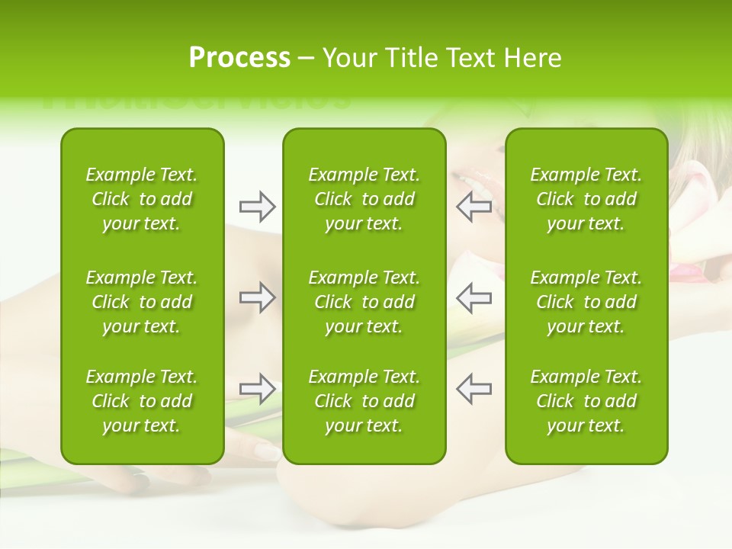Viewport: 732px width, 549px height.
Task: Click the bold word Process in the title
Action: coord(239,58)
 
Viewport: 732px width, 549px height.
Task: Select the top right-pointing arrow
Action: coord(257,206)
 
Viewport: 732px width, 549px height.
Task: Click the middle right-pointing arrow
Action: coord(257,297)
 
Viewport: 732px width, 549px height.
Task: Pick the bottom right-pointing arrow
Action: coord(257,389)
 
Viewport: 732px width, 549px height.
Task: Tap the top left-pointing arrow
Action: coord(474,206)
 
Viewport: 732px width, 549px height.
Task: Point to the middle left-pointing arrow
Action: coord(474,297)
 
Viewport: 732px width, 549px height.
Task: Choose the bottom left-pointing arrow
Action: coord(474,389)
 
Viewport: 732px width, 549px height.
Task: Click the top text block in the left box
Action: coord(142,199)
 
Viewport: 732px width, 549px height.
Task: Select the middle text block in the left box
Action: coord(142,302)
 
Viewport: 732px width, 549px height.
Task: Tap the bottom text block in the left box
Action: coord(142,401)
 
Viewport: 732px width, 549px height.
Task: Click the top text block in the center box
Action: coord(364,199)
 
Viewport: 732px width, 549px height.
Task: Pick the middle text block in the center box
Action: coord(364,302)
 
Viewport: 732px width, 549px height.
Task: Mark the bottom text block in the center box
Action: coord(364,401)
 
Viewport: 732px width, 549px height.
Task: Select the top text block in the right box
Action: coord(586,199)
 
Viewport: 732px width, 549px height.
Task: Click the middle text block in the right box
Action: coord(586,302)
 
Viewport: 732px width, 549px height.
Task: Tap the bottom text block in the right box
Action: coord(586,401)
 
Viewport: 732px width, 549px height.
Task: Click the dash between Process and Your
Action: coord(307,59)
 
